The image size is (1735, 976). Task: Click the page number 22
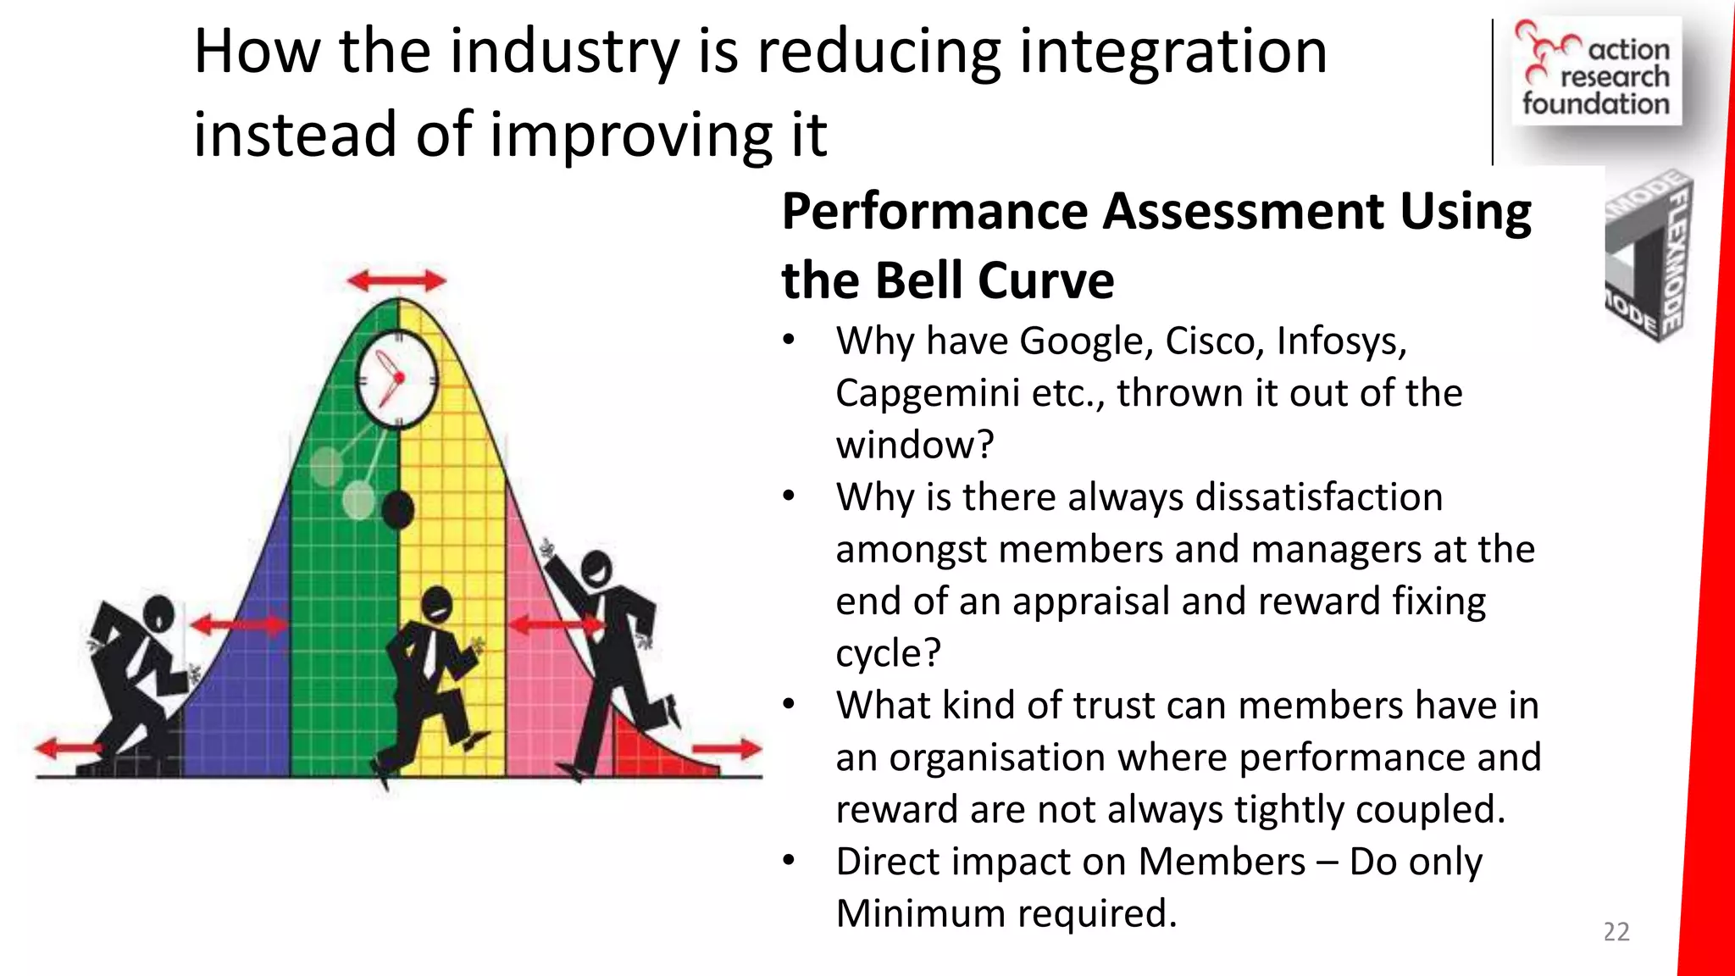(1616, 932)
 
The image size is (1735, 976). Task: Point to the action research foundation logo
(1596, 73)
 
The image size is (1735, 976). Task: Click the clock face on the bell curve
(396, 379)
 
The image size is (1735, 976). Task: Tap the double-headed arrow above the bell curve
(396, 280)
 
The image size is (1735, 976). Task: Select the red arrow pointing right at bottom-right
(727, 749)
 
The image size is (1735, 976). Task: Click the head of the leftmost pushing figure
(158, 612)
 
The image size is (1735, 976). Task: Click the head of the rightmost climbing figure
(596, 568)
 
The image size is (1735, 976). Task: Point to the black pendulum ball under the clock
(397, 510)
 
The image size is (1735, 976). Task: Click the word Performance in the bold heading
(934, 211)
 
